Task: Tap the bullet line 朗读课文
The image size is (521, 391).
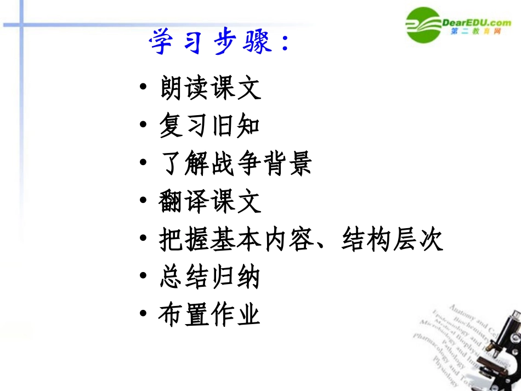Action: [x=211, y=88]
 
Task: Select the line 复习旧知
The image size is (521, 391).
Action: [x=209, y=126]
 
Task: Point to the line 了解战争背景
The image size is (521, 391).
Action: [x=236, y=163]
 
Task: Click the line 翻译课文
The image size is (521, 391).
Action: [x=210, y=202]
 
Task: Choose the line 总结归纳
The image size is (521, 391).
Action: [x=209, y=277]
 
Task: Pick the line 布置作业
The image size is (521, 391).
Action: [x=209, y=315]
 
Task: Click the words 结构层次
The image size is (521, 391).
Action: [x=392, y=240]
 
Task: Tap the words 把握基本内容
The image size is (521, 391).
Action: [x=235, y=240]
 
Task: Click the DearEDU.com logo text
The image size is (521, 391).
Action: [x=476, y=22]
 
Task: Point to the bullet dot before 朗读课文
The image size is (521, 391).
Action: [x=144, y=88]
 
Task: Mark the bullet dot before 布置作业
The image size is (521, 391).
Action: [x=144, y=315]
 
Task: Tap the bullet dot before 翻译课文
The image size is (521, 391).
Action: [x=144, y=201]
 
